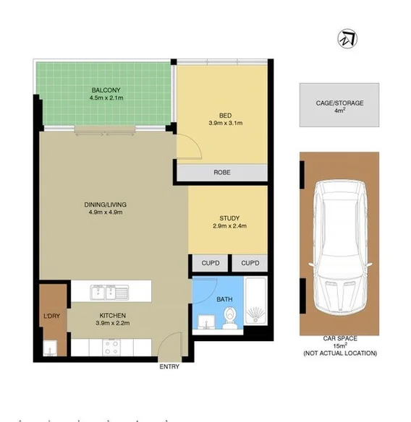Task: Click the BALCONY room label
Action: (105, 90)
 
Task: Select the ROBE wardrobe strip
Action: (221, 173)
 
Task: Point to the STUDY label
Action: (229, 218)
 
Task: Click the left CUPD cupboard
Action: (211, 263)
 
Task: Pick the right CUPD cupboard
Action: (250, 263)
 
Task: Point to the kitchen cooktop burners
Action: (113, 348)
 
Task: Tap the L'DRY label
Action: (52, 316)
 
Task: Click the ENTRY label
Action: (169, 366)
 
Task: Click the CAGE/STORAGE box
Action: (339, 106)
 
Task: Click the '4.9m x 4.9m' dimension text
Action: (105, 212)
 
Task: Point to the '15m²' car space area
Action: (340, 345)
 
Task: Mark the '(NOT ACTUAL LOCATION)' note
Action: (340, 353)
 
